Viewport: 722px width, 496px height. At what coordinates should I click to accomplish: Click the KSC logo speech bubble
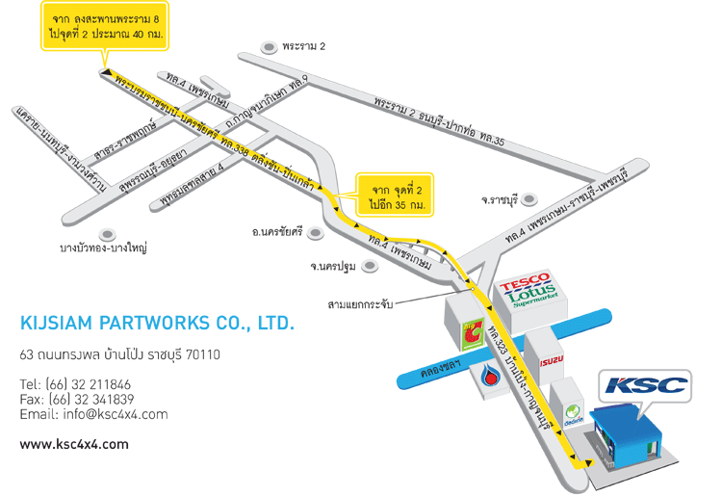point(645,386)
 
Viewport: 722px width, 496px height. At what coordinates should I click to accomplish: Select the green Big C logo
point(473,332)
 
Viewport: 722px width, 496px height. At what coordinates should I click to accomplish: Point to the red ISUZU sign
point(550,361)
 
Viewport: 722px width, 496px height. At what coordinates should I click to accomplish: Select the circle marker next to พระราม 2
point(269,45)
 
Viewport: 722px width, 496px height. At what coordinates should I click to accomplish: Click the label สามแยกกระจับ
point(361,304)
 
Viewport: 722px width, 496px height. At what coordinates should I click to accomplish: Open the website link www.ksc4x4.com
point(74,444)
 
